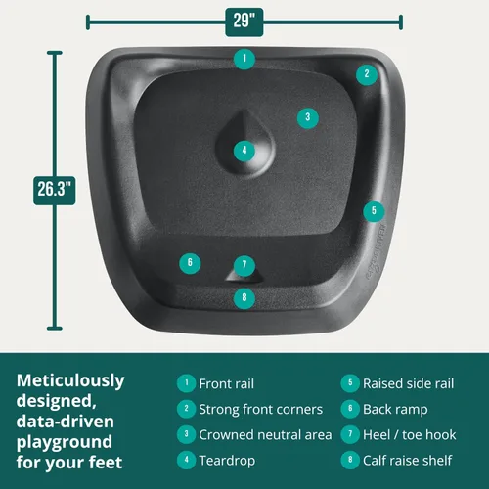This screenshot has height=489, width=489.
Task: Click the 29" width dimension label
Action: pyautogui.click(x=244, y=22)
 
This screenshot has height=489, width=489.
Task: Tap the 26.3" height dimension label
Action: pyautogui.click(x=55, y=191)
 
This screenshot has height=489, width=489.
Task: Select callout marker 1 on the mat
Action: pyautogui.click(x=244, y=59)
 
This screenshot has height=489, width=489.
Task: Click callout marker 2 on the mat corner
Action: pyautogui.click(x=367, y=74)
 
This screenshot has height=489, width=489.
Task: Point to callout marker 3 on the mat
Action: pyautogui.click(x=308, y=117)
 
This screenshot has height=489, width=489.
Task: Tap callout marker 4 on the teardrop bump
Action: pyautogui.click(x=244, y=151)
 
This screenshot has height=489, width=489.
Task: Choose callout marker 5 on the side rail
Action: pyautogui.click(x=374, y=211)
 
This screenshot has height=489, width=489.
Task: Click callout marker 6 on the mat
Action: pyautogui.click(x=190, y=263)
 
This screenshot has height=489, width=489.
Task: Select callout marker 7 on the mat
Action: pyautogui.click(x=244, y=265)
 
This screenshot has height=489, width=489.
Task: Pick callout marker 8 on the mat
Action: pyautogui.click(x=244, y=298)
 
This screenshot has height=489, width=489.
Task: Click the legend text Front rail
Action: pyautogui.click(x=227, y=383)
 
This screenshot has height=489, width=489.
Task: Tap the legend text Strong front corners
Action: pyautogui.click(x=261, y=409)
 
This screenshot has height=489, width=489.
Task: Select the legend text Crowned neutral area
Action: pyautogui.click(x=265, y=435)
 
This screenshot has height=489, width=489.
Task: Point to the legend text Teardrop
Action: pyautogui.click(x=227, y=461)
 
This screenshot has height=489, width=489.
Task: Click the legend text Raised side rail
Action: pyautogui.click(x=409, y=383)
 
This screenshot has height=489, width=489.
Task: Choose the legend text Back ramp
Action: pyautogui.click(x=395, y=410)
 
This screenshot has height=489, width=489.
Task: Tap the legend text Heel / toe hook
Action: pyautogui.click(x=410, y=435)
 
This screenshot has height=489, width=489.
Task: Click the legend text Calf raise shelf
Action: pyautogui.click(x=408, y=461)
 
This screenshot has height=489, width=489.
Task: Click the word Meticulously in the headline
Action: pyautogui.click(x=70, y=381)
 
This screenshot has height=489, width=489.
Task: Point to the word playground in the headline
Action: pyautogui.click(x=65, y=443)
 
